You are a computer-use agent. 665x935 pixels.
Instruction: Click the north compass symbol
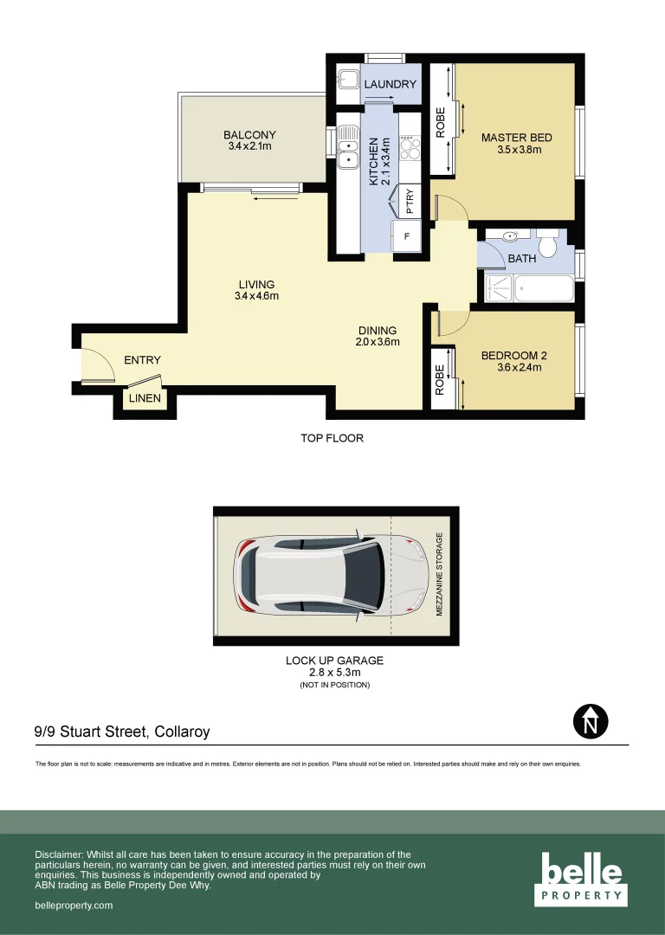(591, 721)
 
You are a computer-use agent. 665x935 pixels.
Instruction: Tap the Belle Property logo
(581, 878)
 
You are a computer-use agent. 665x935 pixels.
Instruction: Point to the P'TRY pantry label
(410, 202)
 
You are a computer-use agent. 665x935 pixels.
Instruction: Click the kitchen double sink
(348, 146)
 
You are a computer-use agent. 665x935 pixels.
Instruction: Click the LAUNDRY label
(391, 85)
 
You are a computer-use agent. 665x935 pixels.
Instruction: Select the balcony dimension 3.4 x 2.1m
(249, 146)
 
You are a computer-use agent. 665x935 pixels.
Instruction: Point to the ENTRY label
(142, 360)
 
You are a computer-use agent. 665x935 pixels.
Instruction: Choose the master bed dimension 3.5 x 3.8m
(519, 150)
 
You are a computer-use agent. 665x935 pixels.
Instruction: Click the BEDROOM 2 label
(514, 355)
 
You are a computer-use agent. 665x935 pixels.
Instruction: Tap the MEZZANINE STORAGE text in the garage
(440, 575)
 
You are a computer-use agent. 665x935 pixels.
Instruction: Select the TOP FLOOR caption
(332, 438)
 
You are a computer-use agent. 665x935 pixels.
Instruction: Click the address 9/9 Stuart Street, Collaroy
(122, 732)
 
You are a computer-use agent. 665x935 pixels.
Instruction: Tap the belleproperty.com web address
(74, 905)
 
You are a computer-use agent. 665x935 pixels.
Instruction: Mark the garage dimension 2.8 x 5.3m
(334, 672)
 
